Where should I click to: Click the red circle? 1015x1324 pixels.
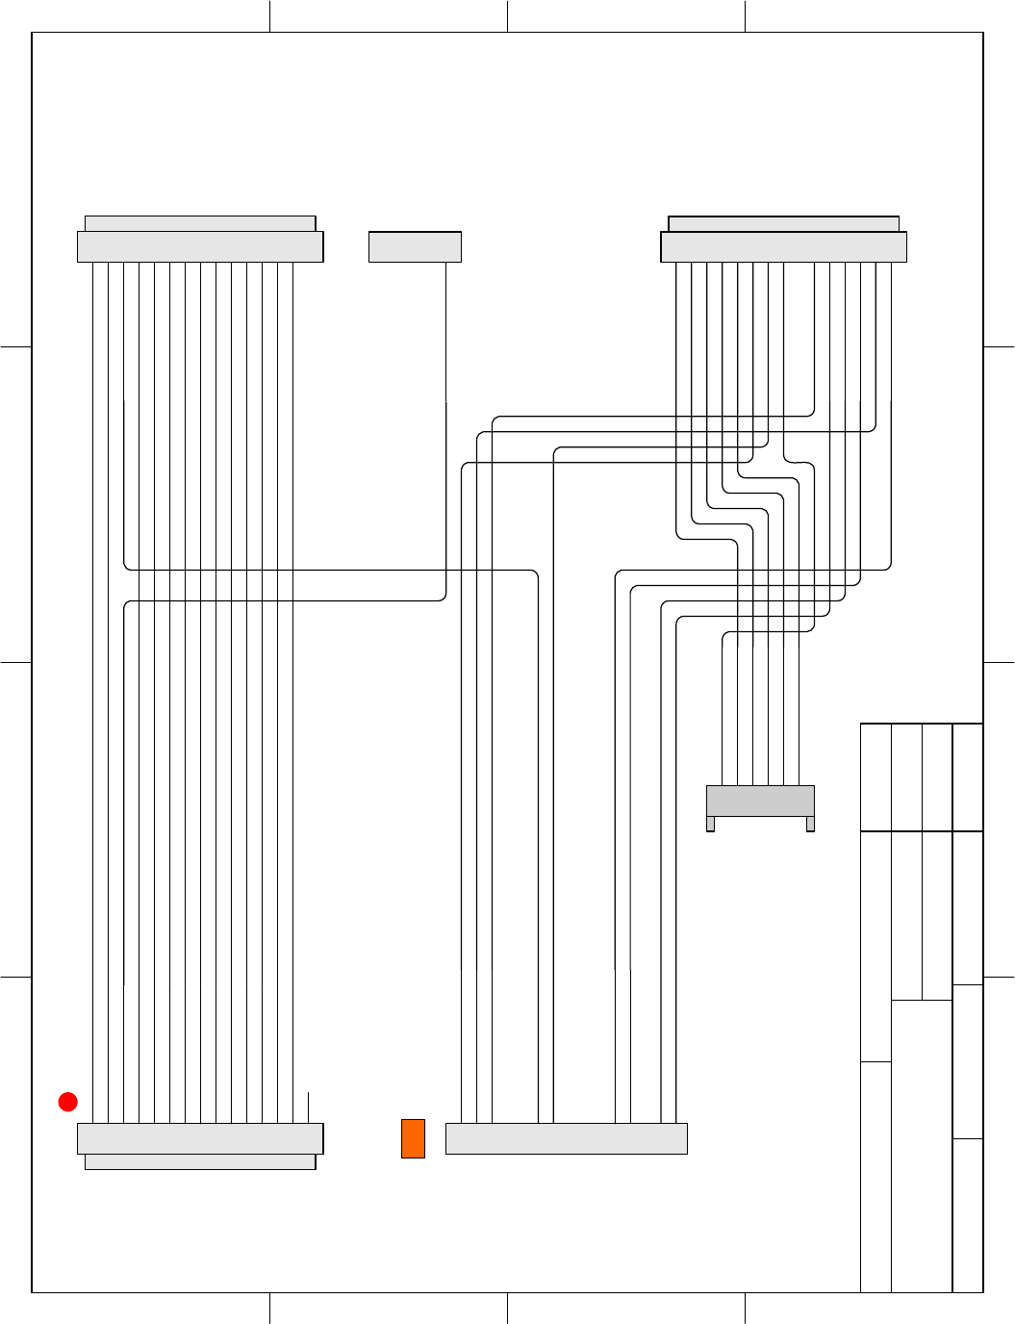[67, 1102]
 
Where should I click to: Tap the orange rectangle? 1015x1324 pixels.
[413, 1138]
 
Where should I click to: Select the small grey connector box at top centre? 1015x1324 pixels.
[415, 247]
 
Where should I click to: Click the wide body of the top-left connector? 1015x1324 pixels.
[200, 247]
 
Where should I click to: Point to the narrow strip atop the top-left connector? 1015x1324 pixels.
[200, 224]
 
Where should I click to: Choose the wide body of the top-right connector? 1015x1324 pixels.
[783, 247]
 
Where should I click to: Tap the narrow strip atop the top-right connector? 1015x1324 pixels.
[783, 224]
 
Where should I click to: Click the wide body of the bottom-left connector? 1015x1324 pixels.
[200, 1138]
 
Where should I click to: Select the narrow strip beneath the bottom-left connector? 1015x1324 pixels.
[200, 1161]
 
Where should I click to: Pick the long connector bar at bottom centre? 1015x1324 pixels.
[566, 1138]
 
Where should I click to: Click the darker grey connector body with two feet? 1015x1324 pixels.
[760, 801]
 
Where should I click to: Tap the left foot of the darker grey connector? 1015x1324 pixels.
[710, 824]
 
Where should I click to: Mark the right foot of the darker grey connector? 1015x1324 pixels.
[810, 824]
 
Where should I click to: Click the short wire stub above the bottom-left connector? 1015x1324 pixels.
[308, 1108]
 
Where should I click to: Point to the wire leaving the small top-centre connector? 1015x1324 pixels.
[445, 327]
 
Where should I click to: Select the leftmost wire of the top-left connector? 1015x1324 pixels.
[93, 674]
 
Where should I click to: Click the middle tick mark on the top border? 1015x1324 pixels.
[507, 16]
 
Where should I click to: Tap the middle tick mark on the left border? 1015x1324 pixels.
[16, 662]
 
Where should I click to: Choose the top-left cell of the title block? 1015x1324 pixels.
[875, 777]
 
